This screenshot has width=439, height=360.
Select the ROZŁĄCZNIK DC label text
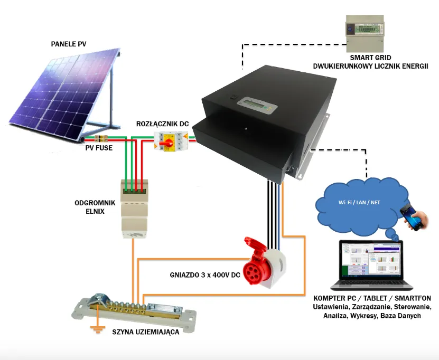(162, 124)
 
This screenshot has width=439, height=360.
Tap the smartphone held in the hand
(410, 216)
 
